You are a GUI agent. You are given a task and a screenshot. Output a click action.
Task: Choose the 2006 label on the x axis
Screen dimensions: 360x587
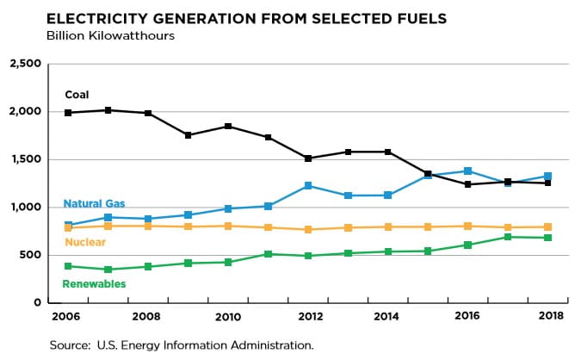click(x=68, y=316)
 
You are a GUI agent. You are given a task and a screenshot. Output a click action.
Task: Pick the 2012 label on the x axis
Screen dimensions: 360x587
click(x=309, y=316)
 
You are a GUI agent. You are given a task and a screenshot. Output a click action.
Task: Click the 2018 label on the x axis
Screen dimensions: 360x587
click(x=549, y=316)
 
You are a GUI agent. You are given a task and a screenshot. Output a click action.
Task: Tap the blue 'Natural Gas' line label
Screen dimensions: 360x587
click(x=95, y=204)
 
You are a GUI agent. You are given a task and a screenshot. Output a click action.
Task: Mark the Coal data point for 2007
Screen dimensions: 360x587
click(x=108, y=110)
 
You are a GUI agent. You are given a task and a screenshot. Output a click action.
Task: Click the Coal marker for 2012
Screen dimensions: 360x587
click(x=309, y=158)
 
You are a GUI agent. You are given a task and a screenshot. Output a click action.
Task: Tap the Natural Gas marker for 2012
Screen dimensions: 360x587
click(x=309, y=186)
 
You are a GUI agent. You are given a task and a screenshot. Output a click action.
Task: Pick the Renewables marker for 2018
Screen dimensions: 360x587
click(x=549, y=238)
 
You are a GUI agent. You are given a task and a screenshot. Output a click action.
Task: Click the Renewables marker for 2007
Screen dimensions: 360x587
click(x=108, y=270)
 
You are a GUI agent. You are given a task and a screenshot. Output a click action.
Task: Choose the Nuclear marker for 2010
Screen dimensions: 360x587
click(x=228, y=226)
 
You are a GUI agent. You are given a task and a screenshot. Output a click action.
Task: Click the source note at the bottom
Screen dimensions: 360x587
click(x=182, y=344)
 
